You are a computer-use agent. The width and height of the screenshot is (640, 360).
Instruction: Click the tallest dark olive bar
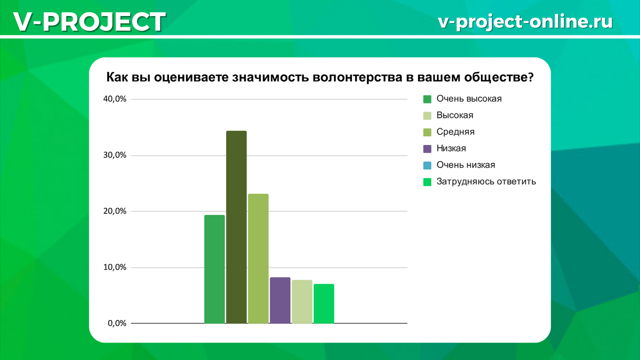(x=236, y=227)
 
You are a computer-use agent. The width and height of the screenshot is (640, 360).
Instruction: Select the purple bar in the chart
(x=280, y=300)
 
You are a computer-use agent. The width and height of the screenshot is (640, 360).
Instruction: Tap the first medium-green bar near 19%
(x=214, y=269)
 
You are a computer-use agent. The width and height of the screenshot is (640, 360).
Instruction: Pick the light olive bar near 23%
(x=258, y=258)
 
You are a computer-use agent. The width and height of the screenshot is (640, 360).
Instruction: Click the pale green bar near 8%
(x=302, y=301)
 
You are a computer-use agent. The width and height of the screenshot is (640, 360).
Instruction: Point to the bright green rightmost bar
(x=324, y=303)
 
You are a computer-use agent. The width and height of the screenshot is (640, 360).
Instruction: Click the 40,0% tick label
(x=114, y=99)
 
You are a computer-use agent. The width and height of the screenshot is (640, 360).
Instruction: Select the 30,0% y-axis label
(x=114, y=155)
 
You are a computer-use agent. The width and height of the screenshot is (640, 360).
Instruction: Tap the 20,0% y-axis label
(x=114, y=211)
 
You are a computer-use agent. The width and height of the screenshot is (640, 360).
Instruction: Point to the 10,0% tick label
(x=114, y=267)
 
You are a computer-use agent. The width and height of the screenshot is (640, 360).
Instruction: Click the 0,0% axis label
(x=116, y=323)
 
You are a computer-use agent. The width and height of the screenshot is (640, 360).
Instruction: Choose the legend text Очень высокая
(x=469, y=99)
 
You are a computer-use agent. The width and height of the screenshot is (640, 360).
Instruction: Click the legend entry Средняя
(x=455, y=132)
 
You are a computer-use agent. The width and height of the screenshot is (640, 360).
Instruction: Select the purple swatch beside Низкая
(x=427, y=149)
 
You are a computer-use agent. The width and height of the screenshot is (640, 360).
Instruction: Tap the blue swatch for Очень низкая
(x=427, y=165)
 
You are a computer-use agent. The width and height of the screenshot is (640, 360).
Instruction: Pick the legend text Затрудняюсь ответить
(x=486, y=181)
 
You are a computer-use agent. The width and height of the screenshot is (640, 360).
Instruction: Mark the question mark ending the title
(x=531, y=77)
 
